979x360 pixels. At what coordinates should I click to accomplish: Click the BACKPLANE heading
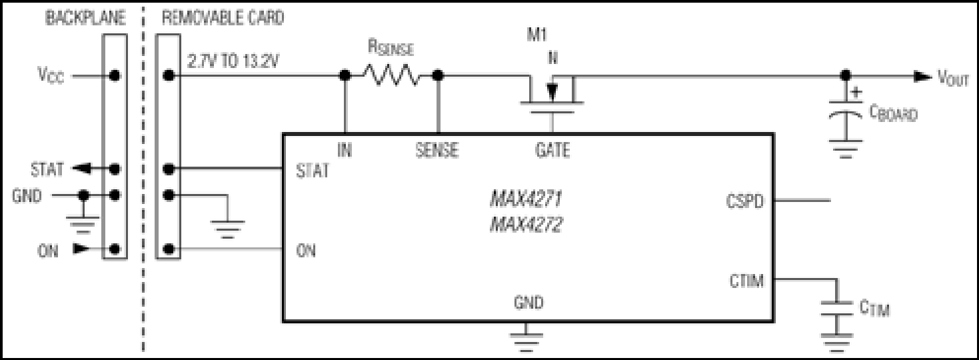coord(86,18)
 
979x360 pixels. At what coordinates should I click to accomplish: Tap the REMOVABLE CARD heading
coord(223,18)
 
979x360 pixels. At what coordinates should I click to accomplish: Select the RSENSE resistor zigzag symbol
coord(392,75)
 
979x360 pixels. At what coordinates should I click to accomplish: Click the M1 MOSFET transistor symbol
coord(552,95)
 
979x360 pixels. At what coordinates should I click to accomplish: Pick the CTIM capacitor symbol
coord(836,308)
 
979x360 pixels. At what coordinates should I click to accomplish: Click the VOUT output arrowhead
coord(923,76)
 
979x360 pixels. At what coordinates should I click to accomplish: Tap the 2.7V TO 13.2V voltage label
coord(233,62)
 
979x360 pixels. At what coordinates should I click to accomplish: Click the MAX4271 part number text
coord(526,199)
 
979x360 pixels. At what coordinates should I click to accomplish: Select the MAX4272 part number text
coord(526,225)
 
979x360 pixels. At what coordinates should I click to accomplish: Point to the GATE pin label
coord(552,151)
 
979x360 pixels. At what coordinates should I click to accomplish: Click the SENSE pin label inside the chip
coord(437,151)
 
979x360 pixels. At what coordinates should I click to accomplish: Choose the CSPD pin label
coord(744,201)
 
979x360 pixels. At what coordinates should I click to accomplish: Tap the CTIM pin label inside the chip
coord(746,281)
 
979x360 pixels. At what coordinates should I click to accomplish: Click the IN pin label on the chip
coord(345,151)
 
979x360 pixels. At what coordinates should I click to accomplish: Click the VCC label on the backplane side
coord(51,75)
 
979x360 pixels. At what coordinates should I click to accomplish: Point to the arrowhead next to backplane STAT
coord(81,169)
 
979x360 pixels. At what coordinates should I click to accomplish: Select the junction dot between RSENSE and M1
coord(438,75)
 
